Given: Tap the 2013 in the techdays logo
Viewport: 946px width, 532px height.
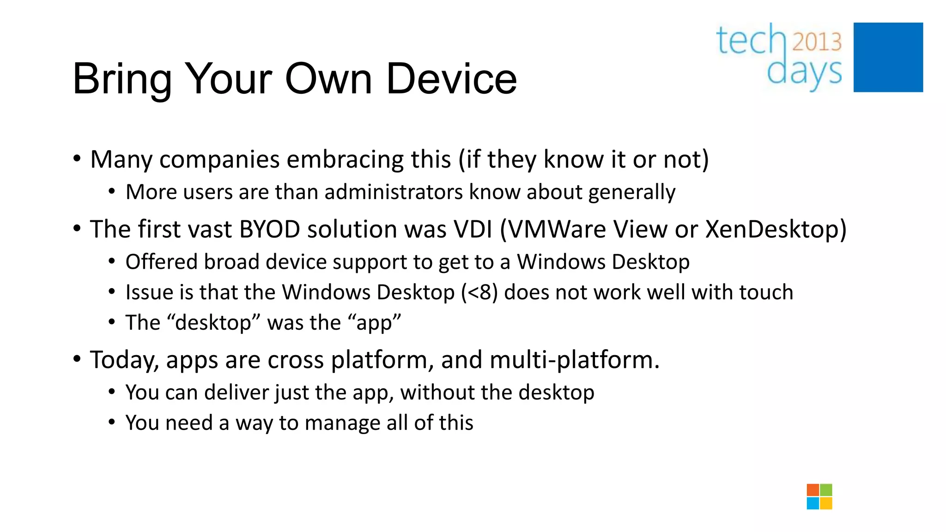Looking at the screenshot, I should click(x=817, y=42).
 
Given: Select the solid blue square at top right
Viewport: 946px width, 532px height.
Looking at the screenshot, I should click(x=888, y=57).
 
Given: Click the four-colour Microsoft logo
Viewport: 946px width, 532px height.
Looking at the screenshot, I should click(x=819, y=496).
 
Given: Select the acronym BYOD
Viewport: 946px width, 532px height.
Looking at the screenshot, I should click(x=270, y=230).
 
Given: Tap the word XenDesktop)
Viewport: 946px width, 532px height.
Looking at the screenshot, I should click(x=776, y=230).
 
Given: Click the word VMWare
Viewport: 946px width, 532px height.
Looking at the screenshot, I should click(x=553, y=230).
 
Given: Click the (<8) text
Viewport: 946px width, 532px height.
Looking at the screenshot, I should click(x=479, y=292).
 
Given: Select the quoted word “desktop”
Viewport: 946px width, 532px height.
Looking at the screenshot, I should click(x=213, y=323).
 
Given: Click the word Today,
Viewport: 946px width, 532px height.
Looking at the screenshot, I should click(x=124, y=360).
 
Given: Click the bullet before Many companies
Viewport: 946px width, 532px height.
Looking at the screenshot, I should click(x=77, y=159).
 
